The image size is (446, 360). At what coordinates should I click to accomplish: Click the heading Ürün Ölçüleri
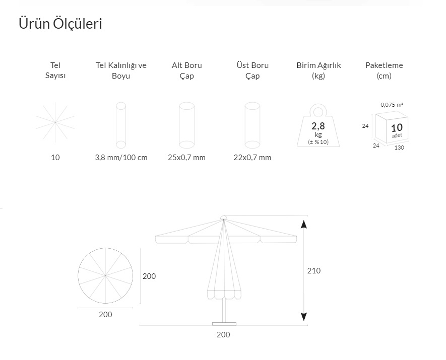tap(60, 23)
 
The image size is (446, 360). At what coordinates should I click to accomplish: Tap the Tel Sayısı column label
tap(55, 70)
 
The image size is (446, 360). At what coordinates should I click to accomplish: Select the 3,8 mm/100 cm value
tap(121, 158)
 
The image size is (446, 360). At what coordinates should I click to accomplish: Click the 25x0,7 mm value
tap(186, 158)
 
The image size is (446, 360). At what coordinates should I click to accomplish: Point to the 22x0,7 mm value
tap(252, 158)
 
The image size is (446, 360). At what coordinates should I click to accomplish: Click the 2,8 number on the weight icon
tap(318, 126)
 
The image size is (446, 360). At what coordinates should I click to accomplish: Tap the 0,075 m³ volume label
tap(392, 105)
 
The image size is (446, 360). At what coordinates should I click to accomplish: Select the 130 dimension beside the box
tap(399, 148)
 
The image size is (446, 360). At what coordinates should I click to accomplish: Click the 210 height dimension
tap(314, 271)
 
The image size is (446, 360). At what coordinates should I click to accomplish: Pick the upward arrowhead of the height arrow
tap(304, 224)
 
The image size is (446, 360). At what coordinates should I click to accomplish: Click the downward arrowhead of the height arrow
tap(304, 317)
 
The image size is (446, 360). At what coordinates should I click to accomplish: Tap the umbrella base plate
tap(224, 324)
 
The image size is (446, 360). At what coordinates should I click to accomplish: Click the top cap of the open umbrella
tap(224, 218)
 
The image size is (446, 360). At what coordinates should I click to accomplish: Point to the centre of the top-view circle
tap(105, 275)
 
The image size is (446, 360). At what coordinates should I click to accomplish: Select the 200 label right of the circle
tap(149, 276)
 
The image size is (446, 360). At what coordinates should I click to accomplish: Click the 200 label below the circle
tap(105, 315)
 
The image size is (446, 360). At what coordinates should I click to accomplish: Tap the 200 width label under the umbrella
tap(223, 335)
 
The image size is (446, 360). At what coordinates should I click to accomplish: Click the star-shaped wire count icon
tap(55, 122)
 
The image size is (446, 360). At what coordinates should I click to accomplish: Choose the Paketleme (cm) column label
tap(384, 70)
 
